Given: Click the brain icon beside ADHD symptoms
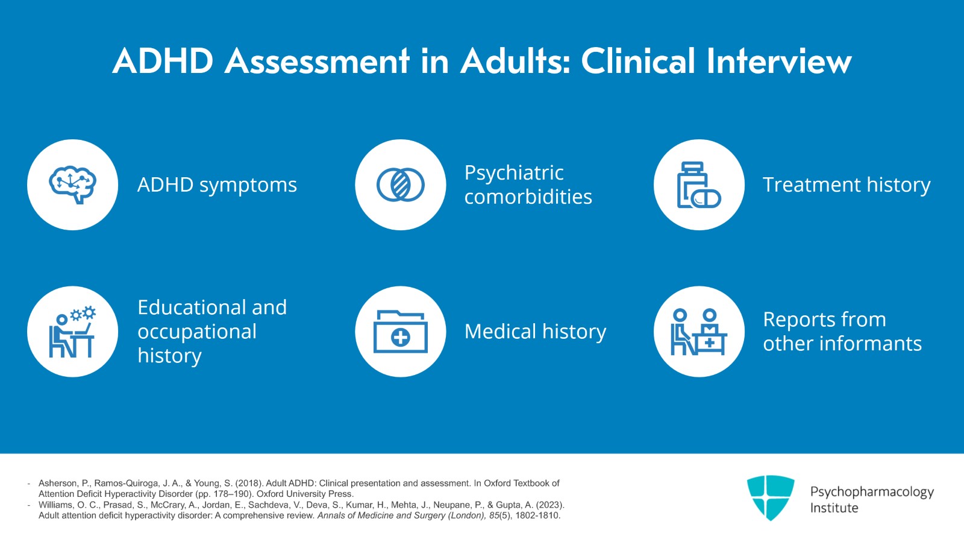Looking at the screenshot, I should click(73, 184).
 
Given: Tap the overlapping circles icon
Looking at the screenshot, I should click(401, 184).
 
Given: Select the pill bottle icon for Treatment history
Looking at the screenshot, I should click(699, 184).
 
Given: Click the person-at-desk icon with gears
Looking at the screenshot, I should click(73, 332).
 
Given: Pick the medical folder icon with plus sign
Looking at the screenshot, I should click(401, 332).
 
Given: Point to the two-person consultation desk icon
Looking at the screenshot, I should click(699, 332).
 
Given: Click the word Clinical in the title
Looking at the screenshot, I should click(638, 61).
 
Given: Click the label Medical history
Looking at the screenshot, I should click(535, 332).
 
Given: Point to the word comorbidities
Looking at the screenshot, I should click(528, 197).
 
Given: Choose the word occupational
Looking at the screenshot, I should click(197, 332).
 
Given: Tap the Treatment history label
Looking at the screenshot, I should click(847, 184).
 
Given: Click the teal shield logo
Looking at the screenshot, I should click(770, 497).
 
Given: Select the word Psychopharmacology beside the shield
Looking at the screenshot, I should click(872, 492).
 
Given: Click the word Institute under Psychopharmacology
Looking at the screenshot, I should click(834, 508).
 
